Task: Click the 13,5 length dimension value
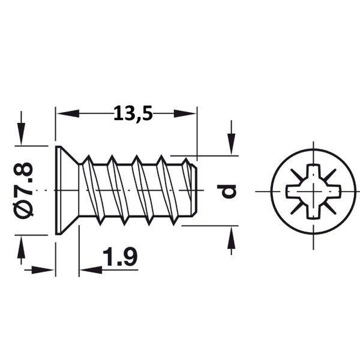click(x=133, y=113)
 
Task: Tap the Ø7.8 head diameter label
click(x=23, y=190)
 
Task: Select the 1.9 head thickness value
click(x=120, y=257)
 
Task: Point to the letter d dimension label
click(x=227, y=191)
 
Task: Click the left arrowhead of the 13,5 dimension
click(x=68, y=113)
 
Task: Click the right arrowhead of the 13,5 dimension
click(x=185, y=113)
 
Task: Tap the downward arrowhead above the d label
click(x=232, y=144)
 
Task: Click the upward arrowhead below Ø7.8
click(x=22, y=247)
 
